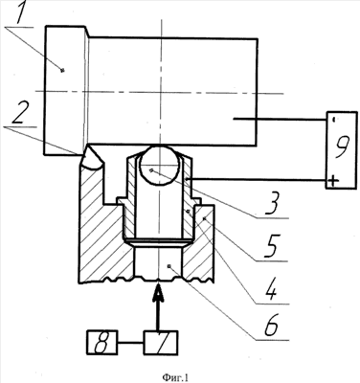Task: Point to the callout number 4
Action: (271, 289)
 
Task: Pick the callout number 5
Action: (272, 246)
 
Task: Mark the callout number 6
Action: (271, 326)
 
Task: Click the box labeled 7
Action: (161, 343)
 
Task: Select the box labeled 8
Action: (101, 343)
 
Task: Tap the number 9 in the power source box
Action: (341, 147)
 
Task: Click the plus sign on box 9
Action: (333, 181)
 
